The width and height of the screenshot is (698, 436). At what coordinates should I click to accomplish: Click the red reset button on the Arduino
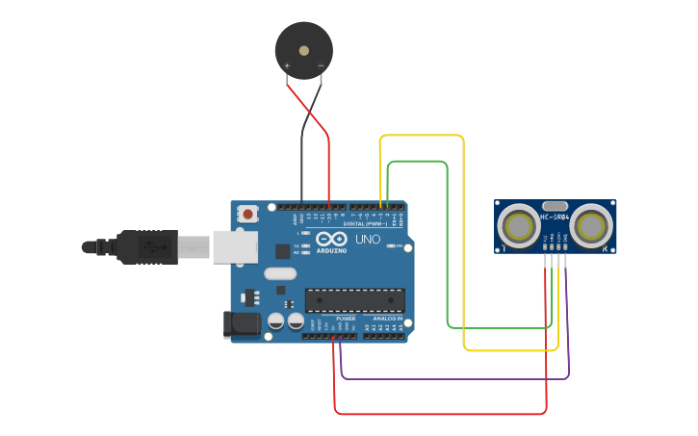pos(248,214)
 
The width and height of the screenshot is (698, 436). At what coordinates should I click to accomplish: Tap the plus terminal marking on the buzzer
pos(287,64)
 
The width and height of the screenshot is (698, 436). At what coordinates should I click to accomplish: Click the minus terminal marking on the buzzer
pos(321,64)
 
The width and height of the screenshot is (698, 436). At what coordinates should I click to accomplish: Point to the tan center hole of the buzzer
pos(304,50)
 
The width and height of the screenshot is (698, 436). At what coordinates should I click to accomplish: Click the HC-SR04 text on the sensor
pos(556,217)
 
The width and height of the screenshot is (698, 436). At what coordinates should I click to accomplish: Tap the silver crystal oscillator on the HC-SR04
pos(556,205)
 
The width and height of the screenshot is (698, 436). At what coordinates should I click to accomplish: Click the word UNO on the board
pos(368,239)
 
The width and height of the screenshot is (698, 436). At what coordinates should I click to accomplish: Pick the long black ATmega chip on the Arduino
pos(354,300)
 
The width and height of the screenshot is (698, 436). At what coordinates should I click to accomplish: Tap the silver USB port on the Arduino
pos(236,247)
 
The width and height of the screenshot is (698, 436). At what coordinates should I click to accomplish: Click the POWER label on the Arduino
pos(346,319)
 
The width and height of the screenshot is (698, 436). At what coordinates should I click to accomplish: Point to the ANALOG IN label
pos(388,319)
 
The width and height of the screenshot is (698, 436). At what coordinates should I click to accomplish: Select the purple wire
pos(452,378)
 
